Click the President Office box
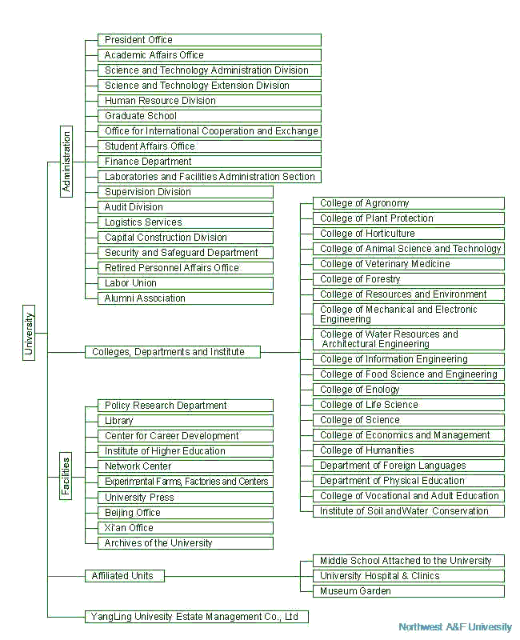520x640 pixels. click(210, 40)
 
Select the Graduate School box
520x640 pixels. click(210, 116)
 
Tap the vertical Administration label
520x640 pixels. click(66, 162)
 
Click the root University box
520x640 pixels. click(29, 333)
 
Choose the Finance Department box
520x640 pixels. click(210, 162)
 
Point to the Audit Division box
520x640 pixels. click(186, 207)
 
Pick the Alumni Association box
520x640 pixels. click(186, 298)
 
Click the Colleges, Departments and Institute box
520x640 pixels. click(173, 352)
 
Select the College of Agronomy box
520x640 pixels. click(409, 203)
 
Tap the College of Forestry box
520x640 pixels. click(409, 279)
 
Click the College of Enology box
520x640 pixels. click(409, 390)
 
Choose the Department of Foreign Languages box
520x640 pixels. click(409, 466)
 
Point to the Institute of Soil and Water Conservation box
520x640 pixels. click(409, 511)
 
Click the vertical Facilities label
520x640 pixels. click(66, 476)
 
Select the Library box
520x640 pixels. click(186, 421)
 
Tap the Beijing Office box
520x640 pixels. click(186, 513)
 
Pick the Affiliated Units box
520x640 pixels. click(125, 576)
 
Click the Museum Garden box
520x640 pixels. click(409, 591)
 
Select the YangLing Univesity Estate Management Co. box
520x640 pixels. click(196, 617)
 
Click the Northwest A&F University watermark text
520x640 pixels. click(455, 627)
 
